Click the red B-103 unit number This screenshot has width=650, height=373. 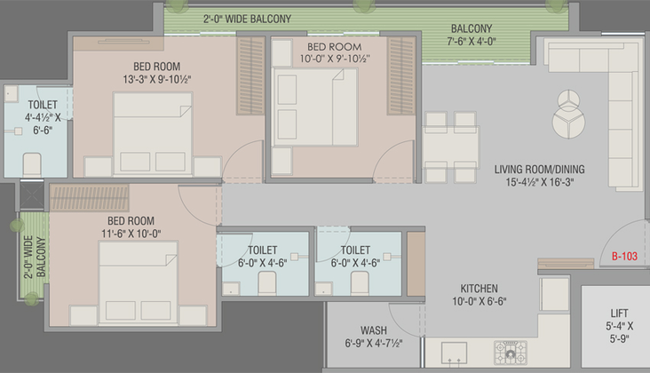coord(624,256)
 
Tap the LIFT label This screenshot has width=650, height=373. coord(619,313)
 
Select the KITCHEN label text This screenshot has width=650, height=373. coord(479,289)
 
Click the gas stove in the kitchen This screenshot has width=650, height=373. coord(511,353)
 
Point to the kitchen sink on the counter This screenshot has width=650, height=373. coord(454,353)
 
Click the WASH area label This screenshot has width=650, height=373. coord(374,330)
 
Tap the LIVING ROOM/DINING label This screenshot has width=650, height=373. coord(539,169)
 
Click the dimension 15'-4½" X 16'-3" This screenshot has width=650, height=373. coord(539,182)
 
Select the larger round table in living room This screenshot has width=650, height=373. coord(568,123)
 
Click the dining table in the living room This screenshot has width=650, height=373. coord(451,147)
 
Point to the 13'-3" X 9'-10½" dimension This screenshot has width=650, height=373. coord(156,79)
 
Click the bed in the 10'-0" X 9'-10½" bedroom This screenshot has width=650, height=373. coord(314,107)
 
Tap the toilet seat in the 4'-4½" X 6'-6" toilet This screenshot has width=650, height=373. coord(32,165)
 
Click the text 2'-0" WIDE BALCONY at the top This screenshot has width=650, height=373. coord(247,19)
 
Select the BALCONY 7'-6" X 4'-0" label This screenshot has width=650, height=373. coord(472,35)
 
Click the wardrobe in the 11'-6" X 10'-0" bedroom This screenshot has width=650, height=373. coord(89,198)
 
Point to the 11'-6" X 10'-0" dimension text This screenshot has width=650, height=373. coord(131,234)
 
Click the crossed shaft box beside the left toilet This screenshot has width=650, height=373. coord(31,194)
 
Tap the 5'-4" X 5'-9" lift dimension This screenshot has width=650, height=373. coord(619,332)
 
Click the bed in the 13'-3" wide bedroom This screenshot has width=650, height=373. coord(153,134)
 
